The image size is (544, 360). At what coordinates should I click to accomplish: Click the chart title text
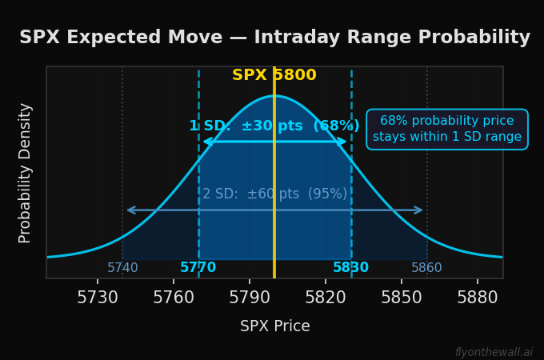click(x=274, y=38)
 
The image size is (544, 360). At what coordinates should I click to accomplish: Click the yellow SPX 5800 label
click(x=274, y=75)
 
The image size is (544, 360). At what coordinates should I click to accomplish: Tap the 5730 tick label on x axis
click(x=98, y=298)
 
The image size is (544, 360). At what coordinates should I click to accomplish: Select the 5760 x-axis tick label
click(x=174, y=298)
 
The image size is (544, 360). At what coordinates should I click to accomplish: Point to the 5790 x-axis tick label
click(x=250, y=298)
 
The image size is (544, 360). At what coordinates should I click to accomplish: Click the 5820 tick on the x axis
click(x=326, y=298)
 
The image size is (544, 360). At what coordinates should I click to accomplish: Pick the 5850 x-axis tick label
click(x=402, y=298)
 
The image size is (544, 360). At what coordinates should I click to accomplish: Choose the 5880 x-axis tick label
click(x=478, y=298)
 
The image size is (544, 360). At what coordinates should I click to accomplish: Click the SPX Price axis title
click(x=274, y=326)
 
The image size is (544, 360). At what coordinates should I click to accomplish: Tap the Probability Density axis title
click(x=26, y=173)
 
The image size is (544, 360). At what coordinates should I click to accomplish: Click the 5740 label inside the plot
click(x=122, y=268)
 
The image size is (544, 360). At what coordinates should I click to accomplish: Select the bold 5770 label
click(x=198, y=268)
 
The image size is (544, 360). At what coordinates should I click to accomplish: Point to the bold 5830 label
click(x=351, y=268)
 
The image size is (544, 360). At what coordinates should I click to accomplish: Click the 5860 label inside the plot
click(x=426, y=268)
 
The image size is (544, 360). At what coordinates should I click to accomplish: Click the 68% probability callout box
click(x=447, y=129)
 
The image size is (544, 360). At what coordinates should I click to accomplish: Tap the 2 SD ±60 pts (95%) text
click(x=274, y=194)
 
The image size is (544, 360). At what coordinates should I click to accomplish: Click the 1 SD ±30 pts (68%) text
click(x=274, y=126)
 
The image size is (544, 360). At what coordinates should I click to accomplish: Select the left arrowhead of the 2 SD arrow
click(x=129, y=210)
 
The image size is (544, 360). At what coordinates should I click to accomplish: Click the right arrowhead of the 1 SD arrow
click(x=344, y=142)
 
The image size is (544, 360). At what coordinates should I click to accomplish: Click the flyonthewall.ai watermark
click(x=494, y=352)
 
